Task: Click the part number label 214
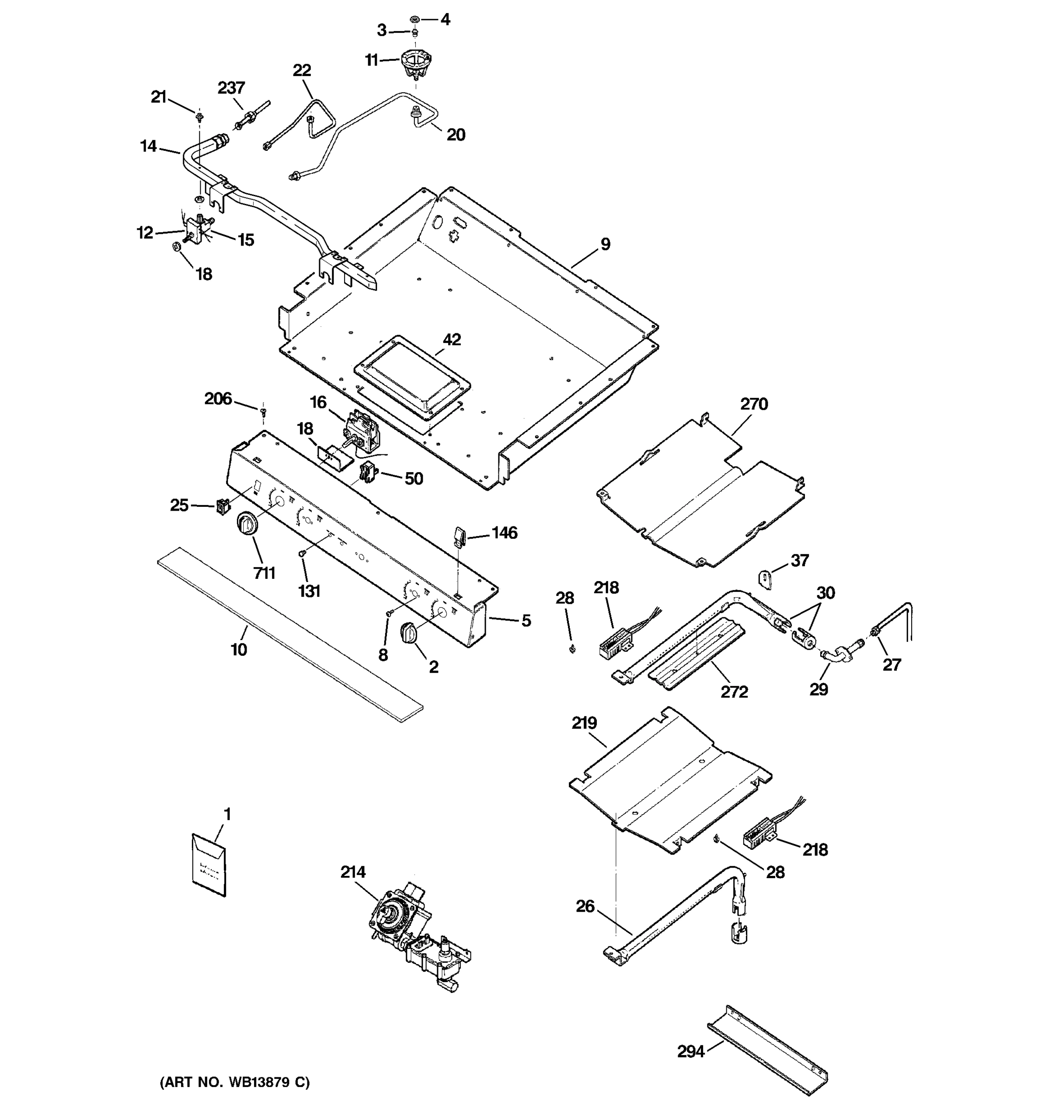pos(353,872)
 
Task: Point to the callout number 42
pos(452,340)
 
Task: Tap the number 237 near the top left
pos(231,88)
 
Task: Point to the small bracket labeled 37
pos(766,578)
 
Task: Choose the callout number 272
pos(734,692)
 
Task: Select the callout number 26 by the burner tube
pos(585,906)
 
